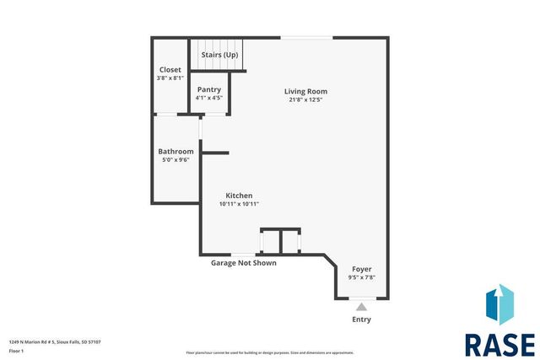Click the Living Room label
point(305,91)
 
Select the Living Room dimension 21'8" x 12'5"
point(305,99)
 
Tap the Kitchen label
point(239,195)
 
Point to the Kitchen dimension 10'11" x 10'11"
point(239,203)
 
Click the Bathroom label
point(175,151)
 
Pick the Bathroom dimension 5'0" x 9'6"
point(175,159)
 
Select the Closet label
point(170,69)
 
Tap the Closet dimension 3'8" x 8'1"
point(170,78)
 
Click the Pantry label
point(209,89)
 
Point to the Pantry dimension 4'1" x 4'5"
point(209,98)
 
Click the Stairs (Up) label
point(219,55)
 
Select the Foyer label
point(361,269)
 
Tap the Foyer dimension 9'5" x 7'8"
point(361,277)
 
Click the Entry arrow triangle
point(361,306)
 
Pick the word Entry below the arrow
point(361,320)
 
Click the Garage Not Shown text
point(243,262)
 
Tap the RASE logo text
point(499,344)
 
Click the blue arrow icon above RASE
point(499,306)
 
